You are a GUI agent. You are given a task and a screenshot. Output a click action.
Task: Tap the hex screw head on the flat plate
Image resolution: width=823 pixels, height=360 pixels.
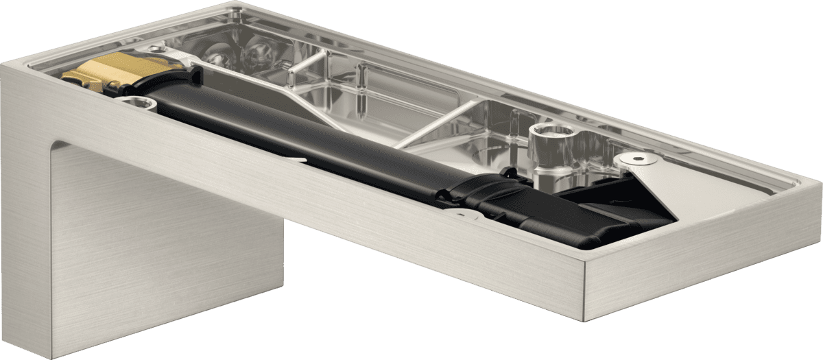pyautogui.click(x=639, y=158)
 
